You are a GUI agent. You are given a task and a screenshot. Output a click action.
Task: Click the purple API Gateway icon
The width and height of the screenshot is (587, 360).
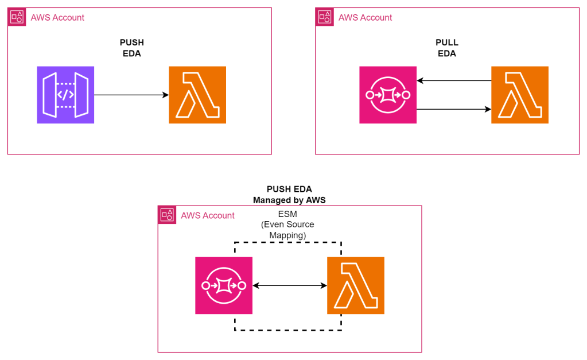[65, 95]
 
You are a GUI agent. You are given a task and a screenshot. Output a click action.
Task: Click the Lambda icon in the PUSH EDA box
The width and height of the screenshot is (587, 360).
[197, 95]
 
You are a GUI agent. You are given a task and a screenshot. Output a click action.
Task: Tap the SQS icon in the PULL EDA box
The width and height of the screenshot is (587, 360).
[388, 95]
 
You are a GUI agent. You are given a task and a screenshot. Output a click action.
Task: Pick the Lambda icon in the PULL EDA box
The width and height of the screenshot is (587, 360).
[520, 95]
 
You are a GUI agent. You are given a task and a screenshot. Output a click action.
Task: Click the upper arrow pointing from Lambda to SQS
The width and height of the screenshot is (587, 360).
[453, 81]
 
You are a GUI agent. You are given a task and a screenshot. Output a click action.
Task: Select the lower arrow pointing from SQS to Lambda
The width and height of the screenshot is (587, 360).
[453, 109]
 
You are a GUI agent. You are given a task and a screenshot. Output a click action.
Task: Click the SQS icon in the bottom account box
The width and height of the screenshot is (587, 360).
[224, 285]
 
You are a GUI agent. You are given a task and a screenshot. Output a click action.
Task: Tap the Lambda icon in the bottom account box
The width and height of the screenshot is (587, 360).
[356, 285]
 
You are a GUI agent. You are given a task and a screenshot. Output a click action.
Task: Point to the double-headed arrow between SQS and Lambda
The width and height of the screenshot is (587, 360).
[290, 285]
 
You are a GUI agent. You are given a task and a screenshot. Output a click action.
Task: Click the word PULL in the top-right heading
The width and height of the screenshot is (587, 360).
[447, 42]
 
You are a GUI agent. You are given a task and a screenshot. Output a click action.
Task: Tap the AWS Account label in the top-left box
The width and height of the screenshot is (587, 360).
[57, 17]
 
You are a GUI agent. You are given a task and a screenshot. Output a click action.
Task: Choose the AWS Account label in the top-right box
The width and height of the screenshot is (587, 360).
[366, 17]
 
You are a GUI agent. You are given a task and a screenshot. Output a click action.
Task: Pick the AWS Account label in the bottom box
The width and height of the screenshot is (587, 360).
[208, 215]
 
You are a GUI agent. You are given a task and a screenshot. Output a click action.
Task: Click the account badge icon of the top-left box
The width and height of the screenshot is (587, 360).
[17, 17]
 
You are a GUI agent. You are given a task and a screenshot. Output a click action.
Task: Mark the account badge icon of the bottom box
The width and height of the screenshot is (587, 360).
[167, 215]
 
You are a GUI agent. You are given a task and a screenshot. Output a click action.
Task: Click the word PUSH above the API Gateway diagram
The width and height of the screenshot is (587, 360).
[131, 42]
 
